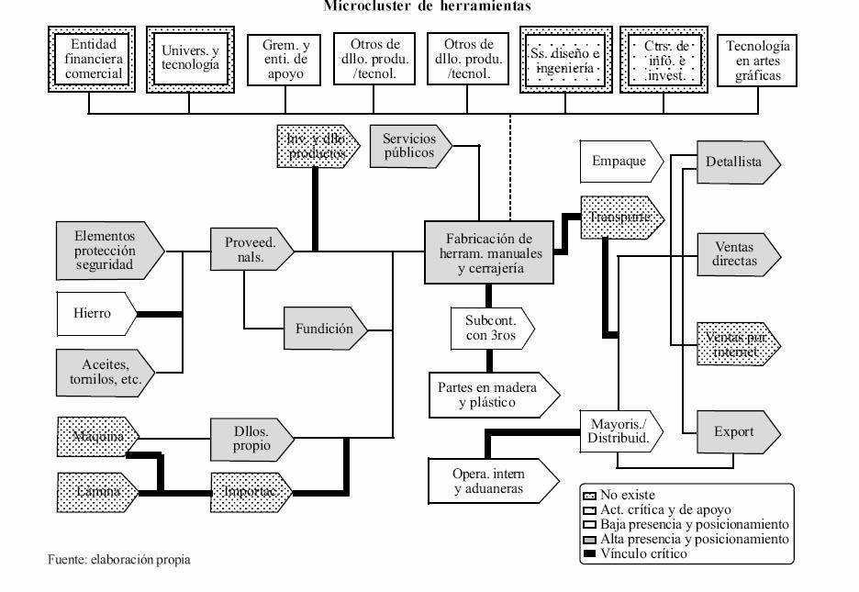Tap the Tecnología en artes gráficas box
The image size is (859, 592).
(x=758, y=60)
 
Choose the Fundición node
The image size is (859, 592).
(x=323, y=329)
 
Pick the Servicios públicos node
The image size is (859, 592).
(x=410, y=145)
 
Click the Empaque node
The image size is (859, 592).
(x=619, y=161)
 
